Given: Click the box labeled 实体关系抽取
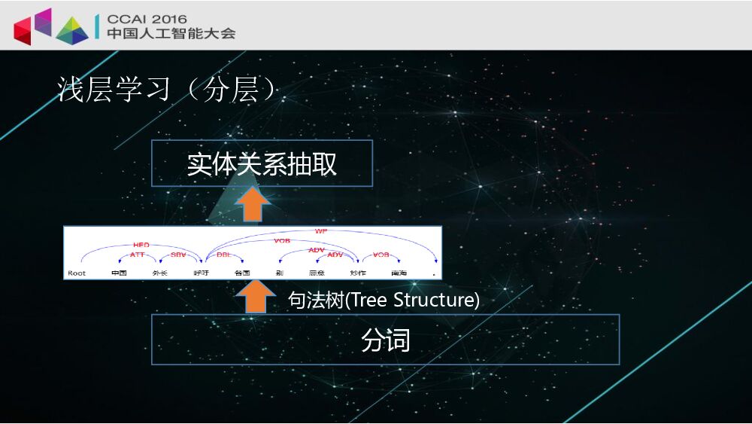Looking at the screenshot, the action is pos(262,163).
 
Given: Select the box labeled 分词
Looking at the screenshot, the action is pos(385,340).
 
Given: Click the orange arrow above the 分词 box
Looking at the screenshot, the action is pos(255,297).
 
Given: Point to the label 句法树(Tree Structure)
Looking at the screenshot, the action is pos(384,300).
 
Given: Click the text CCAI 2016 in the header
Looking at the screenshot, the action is pos(147,19).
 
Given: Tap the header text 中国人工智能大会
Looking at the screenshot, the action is pos(171,33).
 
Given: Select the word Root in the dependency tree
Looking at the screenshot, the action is pos(77,273).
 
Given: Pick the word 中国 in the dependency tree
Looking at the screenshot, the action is pos(119,273).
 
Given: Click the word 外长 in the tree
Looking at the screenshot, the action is pos(159,273).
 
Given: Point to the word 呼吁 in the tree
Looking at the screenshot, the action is pos(201,273).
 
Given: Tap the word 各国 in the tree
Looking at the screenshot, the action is pos(241,273).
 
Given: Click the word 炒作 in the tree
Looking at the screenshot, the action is pos(357,273).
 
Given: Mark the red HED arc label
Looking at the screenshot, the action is pos(141,245).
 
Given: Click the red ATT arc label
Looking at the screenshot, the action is pos(138,255).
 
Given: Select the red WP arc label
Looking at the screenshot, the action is pos(321,231).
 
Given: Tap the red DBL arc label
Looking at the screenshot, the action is pos(223,255).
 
